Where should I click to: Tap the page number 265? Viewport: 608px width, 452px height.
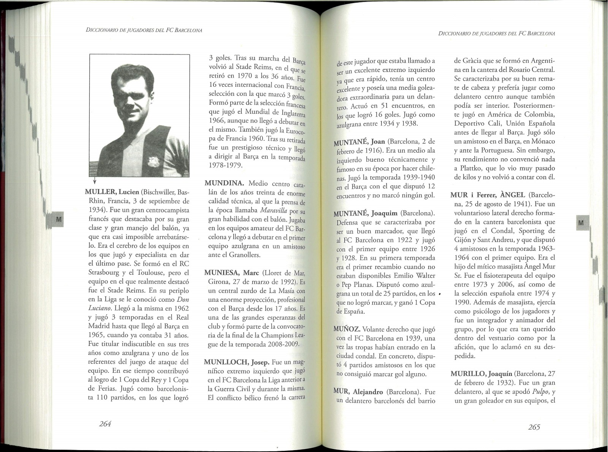pyautogui.click(x=534, y=427)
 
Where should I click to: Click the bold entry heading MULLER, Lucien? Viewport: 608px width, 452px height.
pyautogui.click(x=111, y=192)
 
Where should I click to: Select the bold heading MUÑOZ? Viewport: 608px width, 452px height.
pyautogui.click(x=347, y=329)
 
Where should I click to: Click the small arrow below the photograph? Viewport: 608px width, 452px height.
pyautogui.click(x=94, y=182)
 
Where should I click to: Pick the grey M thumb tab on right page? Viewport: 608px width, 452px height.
pyautogui.click(x=580, y=223)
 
